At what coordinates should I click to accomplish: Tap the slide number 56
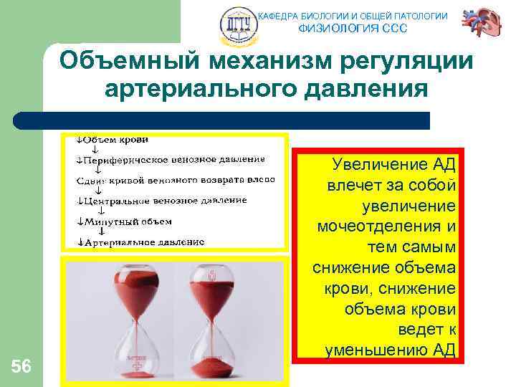(21, 367)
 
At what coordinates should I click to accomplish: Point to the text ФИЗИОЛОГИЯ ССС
(352, 29)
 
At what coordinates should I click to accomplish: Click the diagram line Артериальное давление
(144, 242)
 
